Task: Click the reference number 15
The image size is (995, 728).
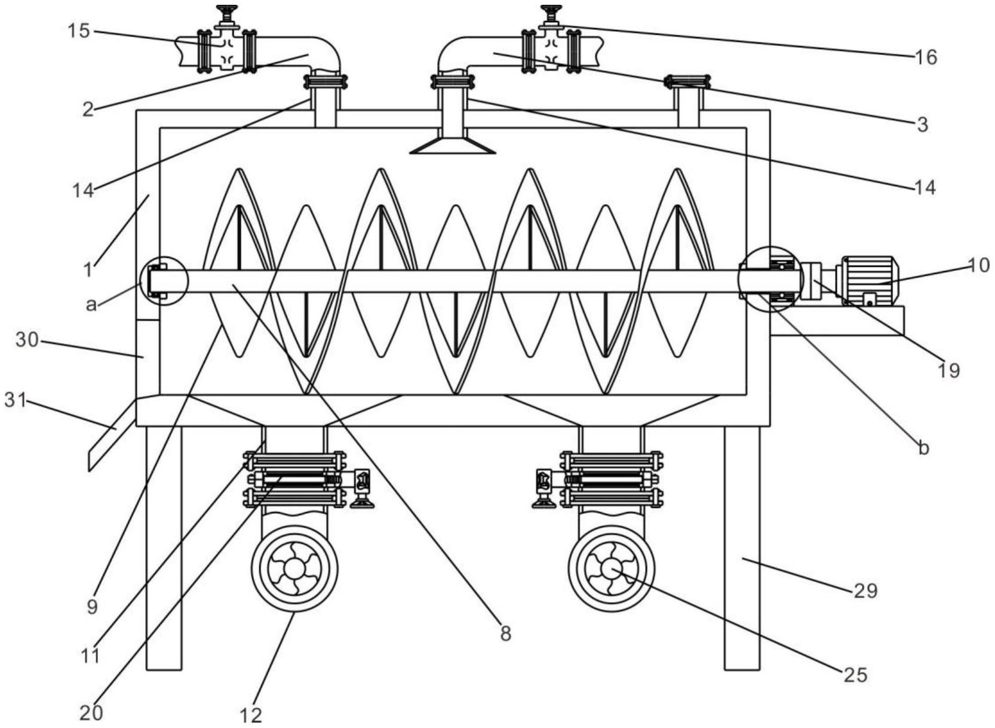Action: pos(78,31)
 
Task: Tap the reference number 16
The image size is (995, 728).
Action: pos(926,57)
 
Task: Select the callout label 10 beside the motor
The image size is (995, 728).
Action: pos(978,265)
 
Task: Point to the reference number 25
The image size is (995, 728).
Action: pos(855,675)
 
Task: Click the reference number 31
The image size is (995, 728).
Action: pos(16,400)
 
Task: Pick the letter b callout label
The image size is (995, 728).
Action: pos(923,448)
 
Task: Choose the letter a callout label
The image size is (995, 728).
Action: pos(91,305)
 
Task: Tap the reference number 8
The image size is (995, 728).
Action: pos(506,634)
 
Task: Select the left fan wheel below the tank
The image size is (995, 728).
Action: pos(294,569)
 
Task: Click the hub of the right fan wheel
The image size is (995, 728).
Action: pos(611,568)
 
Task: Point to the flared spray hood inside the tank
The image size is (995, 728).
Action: pos(453,146)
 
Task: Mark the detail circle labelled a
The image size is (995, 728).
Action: pos(164,280)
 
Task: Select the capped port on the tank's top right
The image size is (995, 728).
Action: pos(688,82)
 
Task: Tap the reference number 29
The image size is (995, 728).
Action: pos(865,591)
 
